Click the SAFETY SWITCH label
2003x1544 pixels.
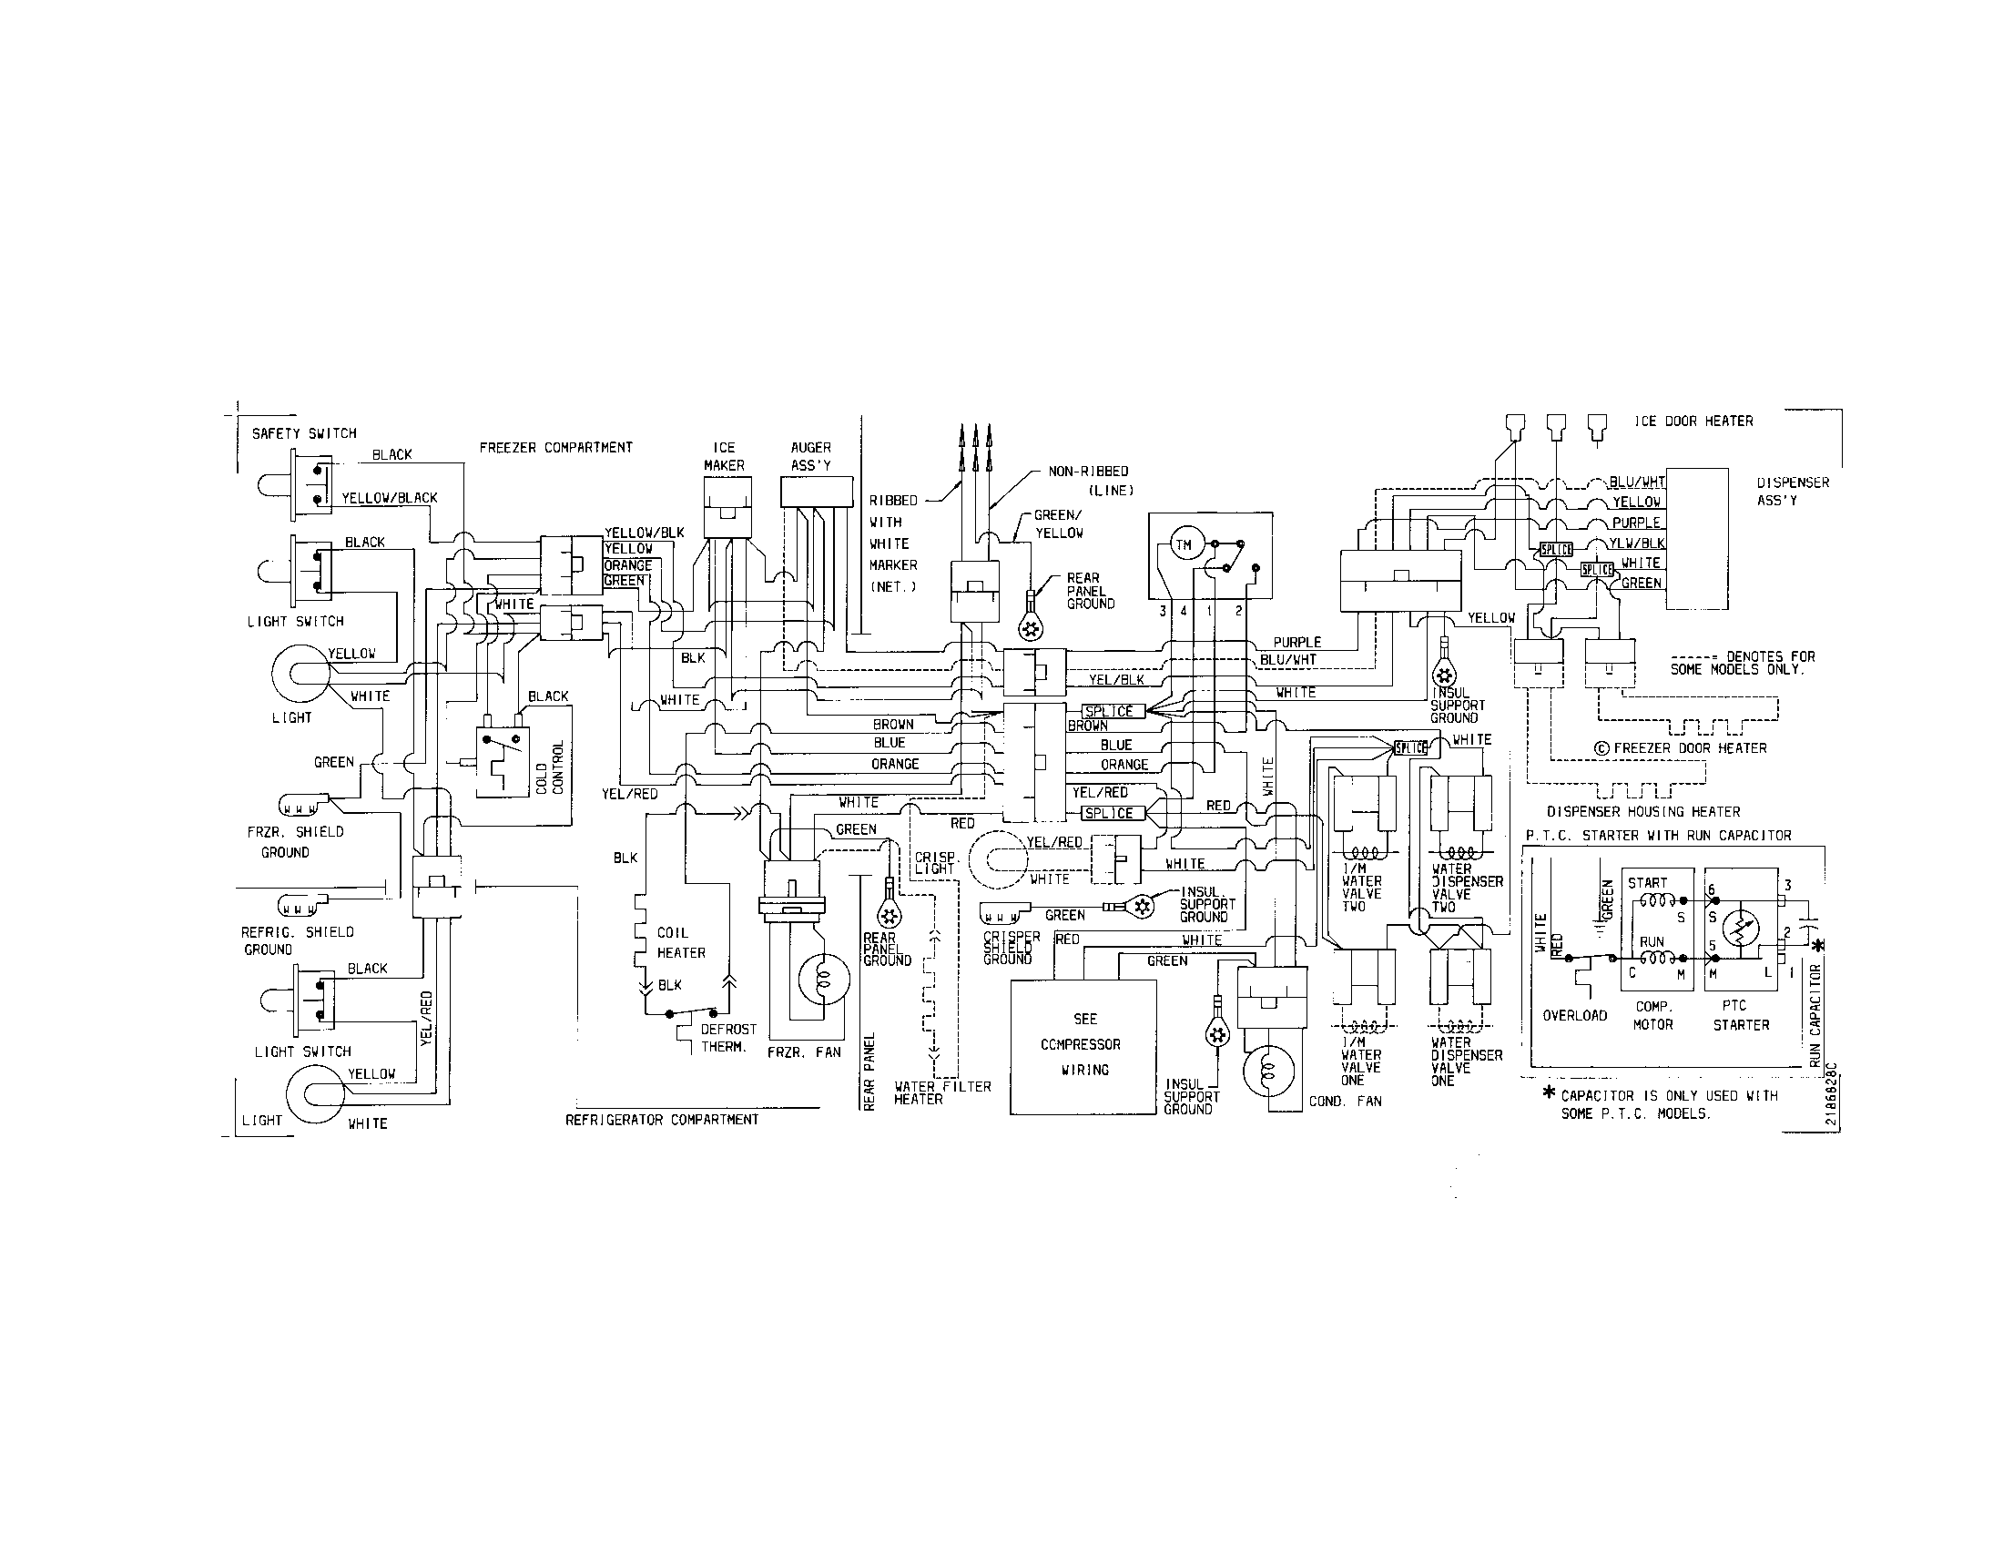(x=303, y=433)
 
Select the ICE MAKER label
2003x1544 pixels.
(x=724, y=457)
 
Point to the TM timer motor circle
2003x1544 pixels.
(x=1184, y=545)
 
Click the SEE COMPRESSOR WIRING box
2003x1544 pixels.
(x=1083, y=1045)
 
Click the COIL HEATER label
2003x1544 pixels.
(x=680, y=942)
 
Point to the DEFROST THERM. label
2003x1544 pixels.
(x=728, y=1038)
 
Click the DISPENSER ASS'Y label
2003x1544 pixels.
(x=1792, y=492)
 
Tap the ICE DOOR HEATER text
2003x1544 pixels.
(x=1693, y=422)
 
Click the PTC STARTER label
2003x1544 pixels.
(x=1741, y=1016)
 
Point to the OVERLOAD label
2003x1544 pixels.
(x=1575, y=1016)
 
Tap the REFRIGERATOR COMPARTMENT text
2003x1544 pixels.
(x=661, y=1120)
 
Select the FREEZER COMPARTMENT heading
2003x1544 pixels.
(x=555, y=447)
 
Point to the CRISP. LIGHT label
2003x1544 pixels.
(x=936, y=863)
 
